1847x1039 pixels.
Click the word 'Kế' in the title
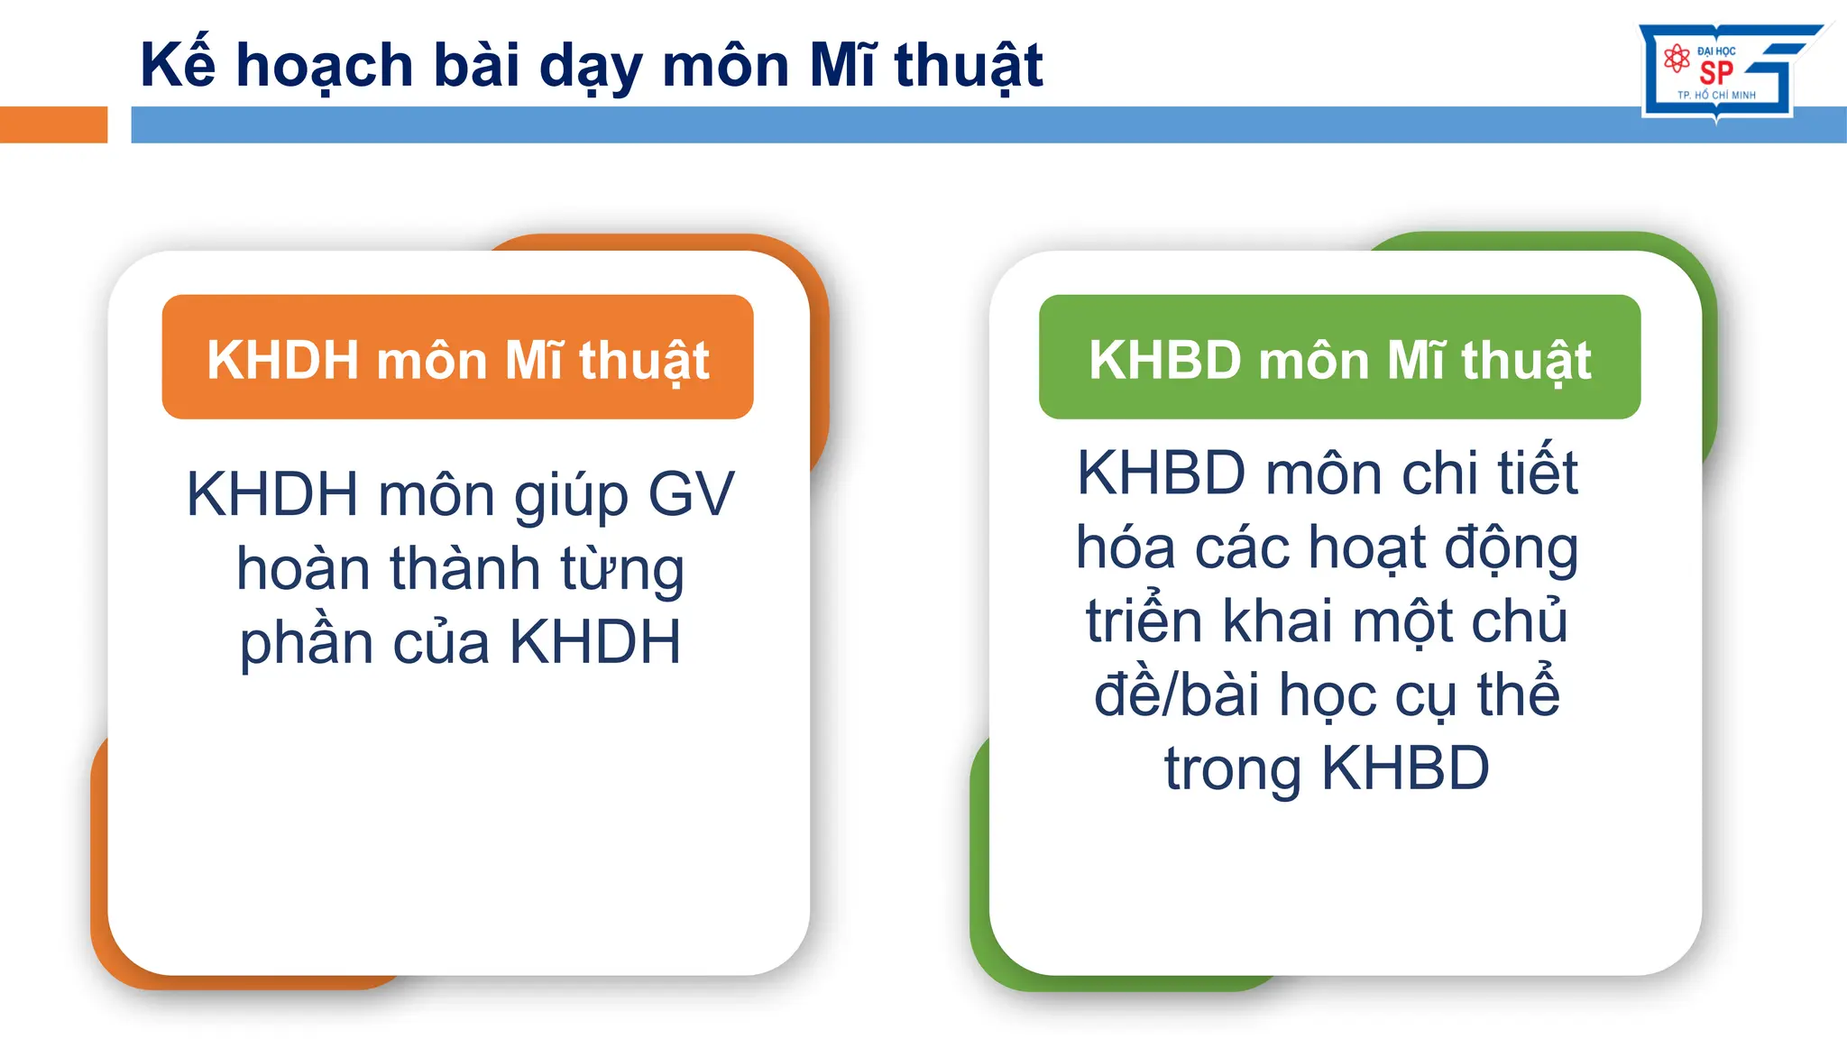click(178, 65)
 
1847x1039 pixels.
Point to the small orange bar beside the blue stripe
click(53, 124)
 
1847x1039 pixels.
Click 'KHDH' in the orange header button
click(283, 360)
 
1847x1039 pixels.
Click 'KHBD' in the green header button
click(1164, 360)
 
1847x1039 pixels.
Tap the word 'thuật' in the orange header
click(644, 361)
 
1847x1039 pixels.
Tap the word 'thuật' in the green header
click(1526, 361)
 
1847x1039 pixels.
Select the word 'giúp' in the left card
click(571, 497)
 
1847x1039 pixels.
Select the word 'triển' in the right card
click(1144, 621)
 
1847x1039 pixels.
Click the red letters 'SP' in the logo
click(1716, 73)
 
